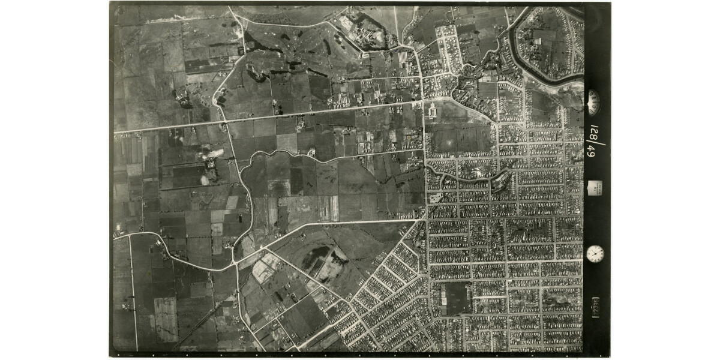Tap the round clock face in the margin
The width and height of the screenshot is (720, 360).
pos(595,253)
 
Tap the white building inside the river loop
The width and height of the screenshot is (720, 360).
pos(538,41)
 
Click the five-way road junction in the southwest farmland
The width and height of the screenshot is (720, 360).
pos(236,262)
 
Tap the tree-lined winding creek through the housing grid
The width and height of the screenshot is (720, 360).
pos(474,177)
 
